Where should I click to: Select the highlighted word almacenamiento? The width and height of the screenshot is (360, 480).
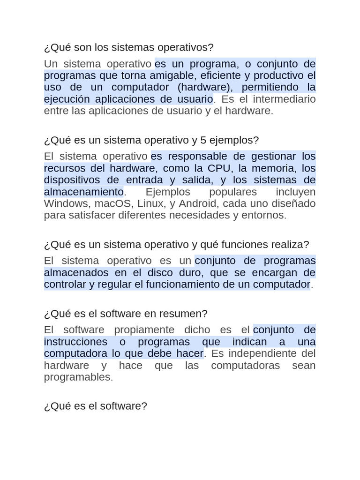83,192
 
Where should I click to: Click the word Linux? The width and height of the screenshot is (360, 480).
150,203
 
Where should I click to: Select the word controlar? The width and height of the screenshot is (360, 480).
65,284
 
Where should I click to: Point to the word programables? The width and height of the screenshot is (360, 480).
78,377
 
